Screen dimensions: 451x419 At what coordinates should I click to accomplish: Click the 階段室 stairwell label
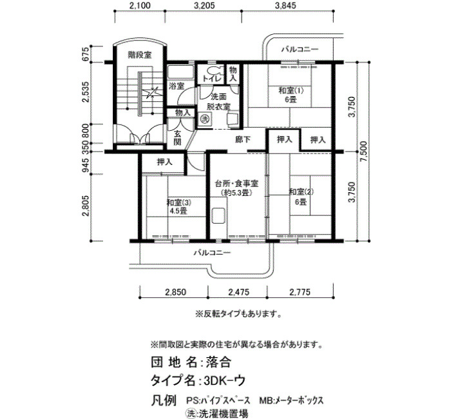pyautogui.click(x=140, y=55)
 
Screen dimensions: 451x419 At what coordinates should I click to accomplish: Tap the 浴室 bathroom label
pyautogui.click(x=176, y=86)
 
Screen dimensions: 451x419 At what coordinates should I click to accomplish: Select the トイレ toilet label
pyautogui.click(x=213, y=79)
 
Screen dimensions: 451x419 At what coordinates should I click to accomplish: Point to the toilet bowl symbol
pyautogui.click(x=214, y=70)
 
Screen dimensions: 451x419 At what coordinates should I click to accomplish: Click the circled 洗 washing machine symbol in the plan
pyautogui.click(x=204, y=119)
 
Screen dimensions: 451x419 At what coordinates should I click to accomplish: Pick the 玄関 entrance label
pyautogui.click(x=178, y=138)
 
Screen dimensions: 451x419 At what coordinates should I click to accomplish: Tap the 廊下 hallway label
pyautogui.click(x=242, y=140)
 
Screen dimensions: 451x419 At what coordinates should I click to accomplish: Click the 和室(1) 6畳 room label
pyautogui.click(x=291, y=95)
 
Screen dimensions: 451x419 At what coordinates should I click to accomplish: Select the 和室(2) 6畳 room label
pyautogui.click(x=301, y=197)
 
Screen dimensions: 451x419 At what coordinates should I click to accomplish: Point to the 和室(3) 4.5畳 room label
pyautogui.click(x=178, y=207)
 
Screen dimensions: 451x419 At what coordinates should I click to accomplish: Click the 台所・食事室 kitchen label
pyautogui.click(x=236, y=183)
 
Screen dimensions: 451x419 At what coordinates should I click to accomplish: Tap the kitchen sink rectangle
pyautogui.click(x=218, y=216)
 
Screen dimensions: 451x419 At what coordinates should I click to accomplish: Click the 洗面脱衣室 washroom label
pyautogui.click(x=219, y=101)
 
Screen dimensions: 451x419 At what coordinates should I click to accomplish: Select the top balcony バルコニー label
pyautogui.click(x=300, y=49)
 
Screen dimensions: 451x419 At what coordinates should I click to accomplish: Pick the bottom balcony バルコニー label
pyautogui.click(x=212, y=253)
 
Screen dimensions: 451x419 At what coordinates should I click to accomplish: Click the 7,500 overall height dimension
pyautogui.click(x=363, y=151)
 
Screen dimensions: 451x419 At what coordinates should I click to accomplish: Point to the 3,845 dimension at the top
pyautogui.click(x=285, y=5)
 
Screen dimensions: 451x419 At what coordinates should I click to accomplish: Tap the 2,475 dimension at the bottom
pyautogui.click(x=238, y=293)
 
